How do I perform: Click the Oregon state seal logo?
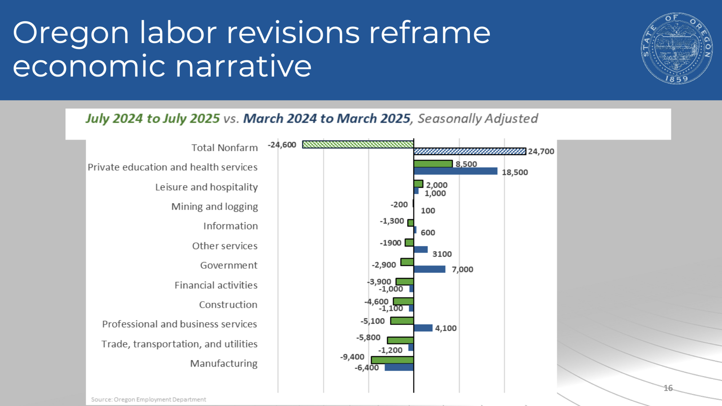click(677, 48)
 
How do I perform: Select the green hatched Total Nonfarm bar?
click(358, 144)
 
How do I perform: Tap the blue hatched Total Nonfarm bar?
click(470, 151)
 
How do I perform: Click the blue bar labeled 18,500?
click(456, 171)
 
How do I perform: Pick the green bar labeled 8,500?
click(433, 164)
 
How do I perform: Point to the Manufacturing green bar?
click(392, 360)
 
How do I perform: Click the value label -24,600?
click(282, 145)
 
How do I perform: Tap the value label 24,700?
click(541, 151)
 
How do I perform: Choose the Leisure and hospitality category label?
click(206, 187)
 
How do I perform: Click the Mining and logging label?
click(214, 207)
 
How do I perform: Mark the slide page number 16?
click(668, 388)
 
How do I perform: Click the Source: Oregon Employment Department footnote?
click(148, 399)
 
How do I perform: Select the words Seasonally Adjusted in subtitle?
click(478, 118)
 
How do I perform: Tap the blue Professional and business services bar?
click(423, 328)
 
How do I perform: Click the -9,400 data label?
click(352, 357)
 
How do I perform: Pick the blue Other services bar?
click(421, 250)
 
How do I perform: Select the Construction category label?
click(228, 304)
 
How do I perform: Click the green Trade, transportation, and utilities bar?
click(400, 340)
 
